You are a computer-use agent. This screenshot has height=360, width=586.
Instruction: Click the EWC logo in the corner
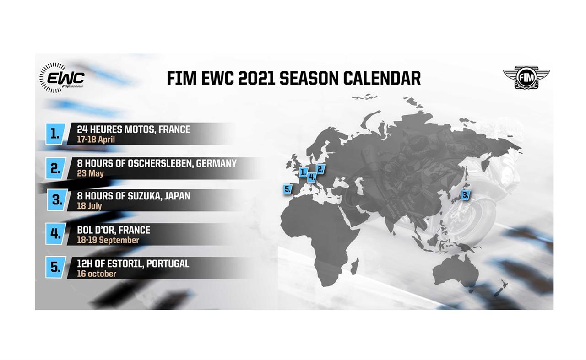click(x=62, y=78)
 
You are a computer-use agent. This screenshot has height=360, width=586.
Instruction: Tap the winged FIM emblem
click(x=526, y=77)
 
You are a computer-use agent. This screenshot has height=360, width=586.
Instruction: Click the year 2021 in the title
click(x=256, y=78)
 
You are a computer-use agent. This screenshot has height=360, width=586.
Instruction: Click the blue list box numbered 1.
click(x=55, y=134)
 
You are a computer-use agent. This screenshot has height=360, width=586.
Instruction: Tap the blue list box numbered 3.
click(x=57, y=200)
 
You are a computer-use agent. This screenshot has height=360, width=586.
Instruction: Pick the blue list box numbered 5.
click(x=55, y=267)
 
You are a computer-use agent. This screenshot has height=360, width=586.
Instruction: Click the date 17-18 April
click(x=96, y=140)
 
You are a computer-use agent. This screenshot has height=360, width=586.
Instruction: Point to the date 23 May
click(x=90, y=173)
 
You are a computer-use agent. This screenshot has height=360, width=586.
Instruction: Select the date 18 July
click(x=89, y=206)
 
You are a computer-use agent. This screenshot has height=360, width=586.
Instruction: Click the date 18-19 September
click(x=108, y=240)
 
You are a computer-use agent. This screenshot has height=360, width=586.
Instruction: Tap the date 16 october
click(x=96, y=274)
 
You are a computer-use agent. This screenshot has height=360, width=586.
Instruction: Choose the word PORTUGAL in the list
click(x=168, y=263)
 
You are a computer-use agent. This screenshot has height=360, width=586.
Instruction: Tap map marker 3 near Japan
click(x=465, y=195)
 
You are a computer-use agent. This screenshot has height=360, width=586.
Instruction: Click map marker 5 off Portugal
click(x=287, y=189)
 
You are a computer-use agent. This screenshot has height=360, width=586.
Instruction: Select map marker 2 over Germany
click(x=320, y=169)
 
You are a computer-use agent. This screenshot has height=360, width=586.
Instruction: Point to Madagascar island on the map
click(x=354, y=266)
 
